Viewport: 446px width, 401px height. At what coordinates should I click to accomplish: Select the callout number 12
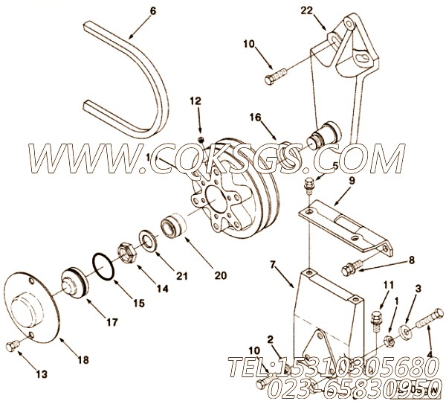[x=195, y=100]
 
